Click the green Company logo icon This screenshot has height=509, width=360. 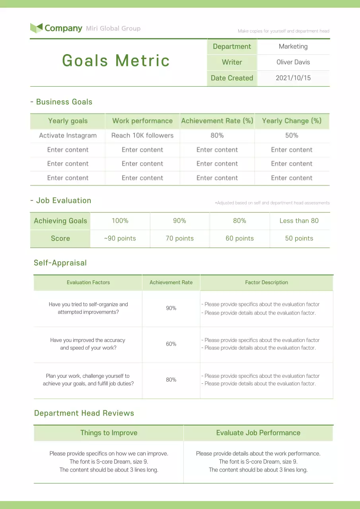click(36, 28)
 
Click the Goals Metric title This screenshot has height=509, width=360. click(116, 61)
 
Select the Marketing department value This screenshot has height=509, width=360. click(293, 47)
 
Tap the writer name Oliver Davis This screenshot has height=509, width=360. click(293, 62)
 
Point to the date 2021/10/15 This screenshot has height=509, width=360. click(293, 78)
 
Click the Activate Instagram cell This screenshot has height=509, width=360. click(68, 136)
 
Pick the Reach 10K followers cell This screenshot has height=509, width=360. click(142, 136)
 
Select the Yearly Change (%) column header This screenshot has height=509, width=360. click(292, 121)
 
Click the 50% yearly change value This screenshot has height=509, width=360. click(292, 136)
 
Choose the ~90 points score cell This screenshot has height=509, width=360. click(120, 239)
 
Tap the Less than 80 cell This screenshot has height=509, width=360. click(299, 221)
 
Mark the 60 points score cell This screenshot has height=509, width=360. click(239, 239)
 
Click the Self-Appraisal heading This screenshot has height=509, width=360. click(60, 263)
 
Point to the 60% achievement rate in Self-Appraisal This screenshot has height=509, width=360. click(171, 344)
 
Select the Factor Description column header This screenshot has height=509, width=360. click(267, 282)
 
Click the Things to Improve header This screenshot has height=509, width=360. click(109, 433)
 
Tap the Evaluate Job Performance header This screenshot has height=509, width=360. click(258, 433)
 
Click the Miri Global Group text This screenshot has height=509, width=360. click(113, 28)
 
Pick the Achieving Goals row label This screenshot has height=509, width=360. click(60, 221)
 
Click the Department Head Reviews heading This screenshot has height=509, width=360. click(84, 413)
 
